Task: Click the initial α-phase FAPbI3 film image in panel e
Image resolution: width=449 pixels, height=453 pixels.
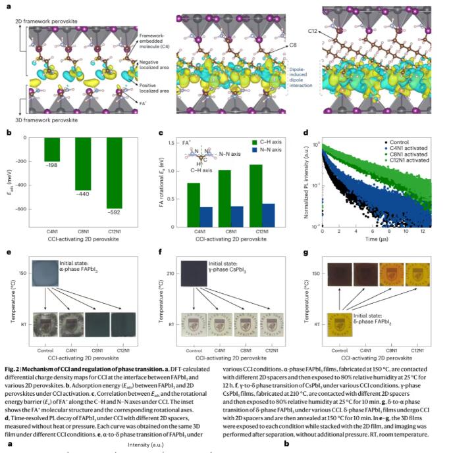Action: pyautogui.click(x=53, y=273)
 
